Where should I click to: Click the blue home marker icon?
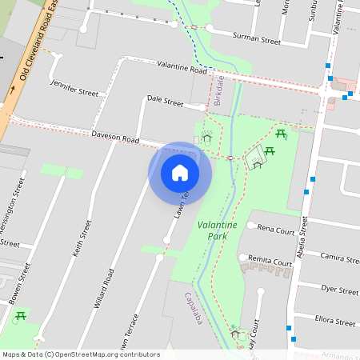click(x=180, y=173)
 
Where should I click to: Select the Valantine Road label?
click(x=182, y=68)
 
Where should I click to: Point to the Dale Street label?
click(x=166, y=101)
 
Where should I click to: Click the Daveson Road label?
click(x=116, y=138)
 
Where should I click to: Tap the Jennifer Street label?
click(x=74, y=87)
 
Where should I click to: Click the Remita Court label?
click(x=270, y=262)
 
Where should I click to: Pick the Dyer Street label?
click(x=339, y=289)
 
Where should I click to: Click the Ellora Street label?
click(x=335, y=322)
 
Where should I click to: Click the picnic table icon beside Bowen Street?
click(x=19, y=317)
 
